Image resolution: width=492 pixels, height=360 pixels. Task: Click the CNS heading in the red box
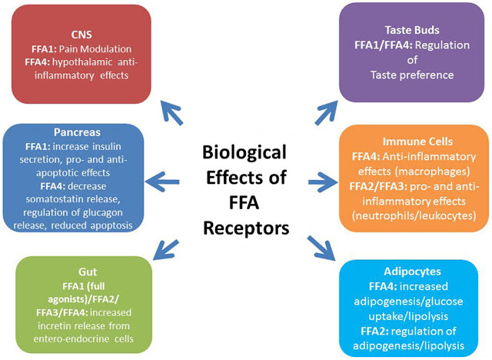pos(81,35)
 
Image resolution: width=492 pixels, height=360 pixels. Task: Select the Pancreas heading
pos(77,132)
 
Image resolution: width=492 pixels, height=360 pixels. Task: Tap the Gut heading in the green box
pos(88,272)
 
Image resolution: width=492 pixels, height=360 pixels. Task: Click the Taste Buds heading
pos(412,30)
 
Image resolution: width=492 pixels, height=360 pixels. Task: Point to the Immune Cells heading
pos(417,142)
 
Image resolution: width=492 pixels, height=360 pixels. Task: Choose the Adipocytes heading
pos(412,272)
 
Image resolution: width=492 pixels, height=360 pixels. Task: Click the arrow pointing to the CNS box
pos(171,113)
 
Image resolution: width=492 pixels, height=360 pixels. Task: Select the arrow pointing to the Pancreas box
pos(162,182)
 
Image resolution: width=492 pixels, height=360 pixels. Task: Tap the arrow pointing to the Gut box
pos(166,250)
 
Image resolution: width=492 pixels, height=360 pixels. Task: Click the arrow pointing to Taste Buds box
pos(326,112)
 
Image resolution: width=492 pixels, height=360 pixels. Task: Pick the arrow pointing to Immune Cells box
pos(324,182)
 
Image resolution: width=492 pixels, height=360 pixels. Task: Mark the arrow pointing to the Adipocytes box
pos(321,248)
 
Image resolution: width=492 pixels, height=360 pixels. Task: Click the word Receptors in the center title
pos(246,228)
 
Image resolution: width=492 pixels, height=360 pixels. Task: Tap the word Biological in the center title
pos(244,152)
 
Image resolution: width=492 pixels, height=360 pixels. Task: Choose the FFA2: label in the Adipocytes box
pos(374,331)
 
